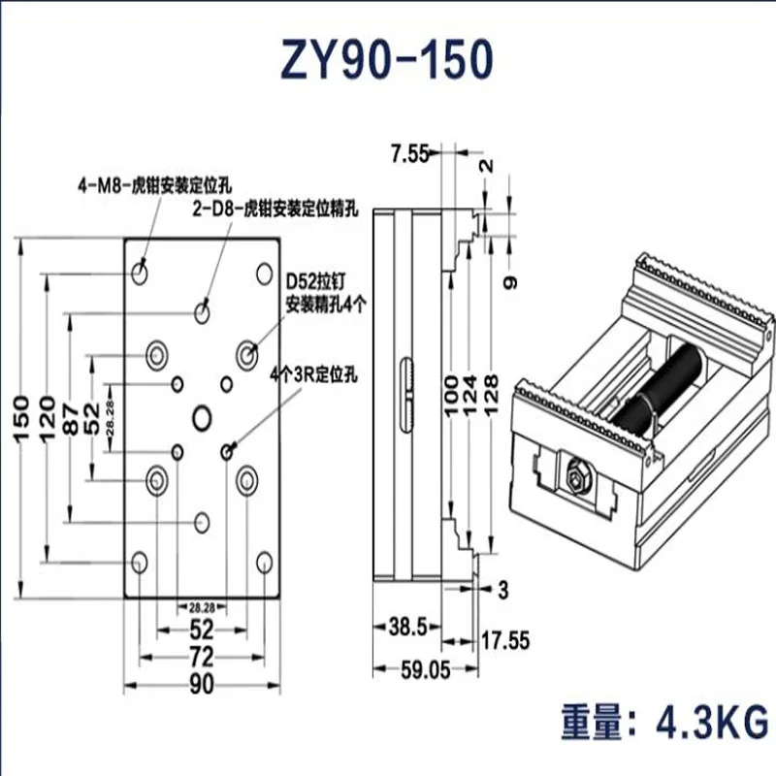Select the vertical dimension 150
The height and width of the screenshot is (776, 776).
(x=20, y=417)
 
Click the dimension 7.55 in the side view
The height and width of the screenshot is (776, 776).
(x=410, y=152)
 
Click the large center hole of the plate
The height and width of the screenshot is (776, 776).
(x=202, y=417)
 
